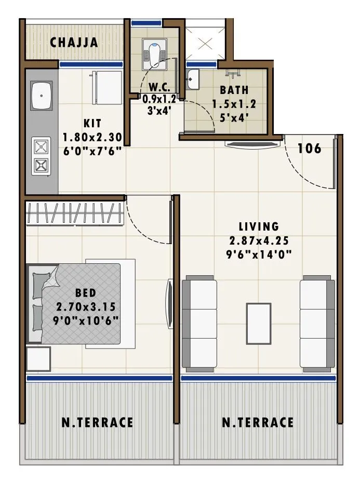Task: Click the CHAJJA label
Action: click(x=74, y=43)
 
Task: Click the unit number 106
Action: click(x=310, y=149)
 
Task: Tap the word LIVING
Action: click(x=259, y=226)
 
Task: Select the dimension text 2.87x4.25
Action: click(x=259, y=240)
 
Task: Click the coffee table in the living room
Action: click(x=258, y=324)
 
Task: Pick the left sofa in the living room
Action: click(x=199, y=324)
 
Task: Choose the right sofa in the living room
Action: click(x=317, y=324)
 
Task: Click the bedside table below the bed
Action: click(x=38, y=359)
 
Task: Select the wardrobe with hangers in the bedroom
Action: click(x=74, y=213)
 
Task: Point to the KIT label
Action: click(x=92, y=124)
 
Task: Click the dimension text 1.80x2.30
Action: click(x=92, y=138)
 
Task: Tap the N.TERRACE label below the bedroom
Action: click(x=97, y=422)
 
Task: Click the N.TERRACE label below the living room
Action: click(x=258, y=422)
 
